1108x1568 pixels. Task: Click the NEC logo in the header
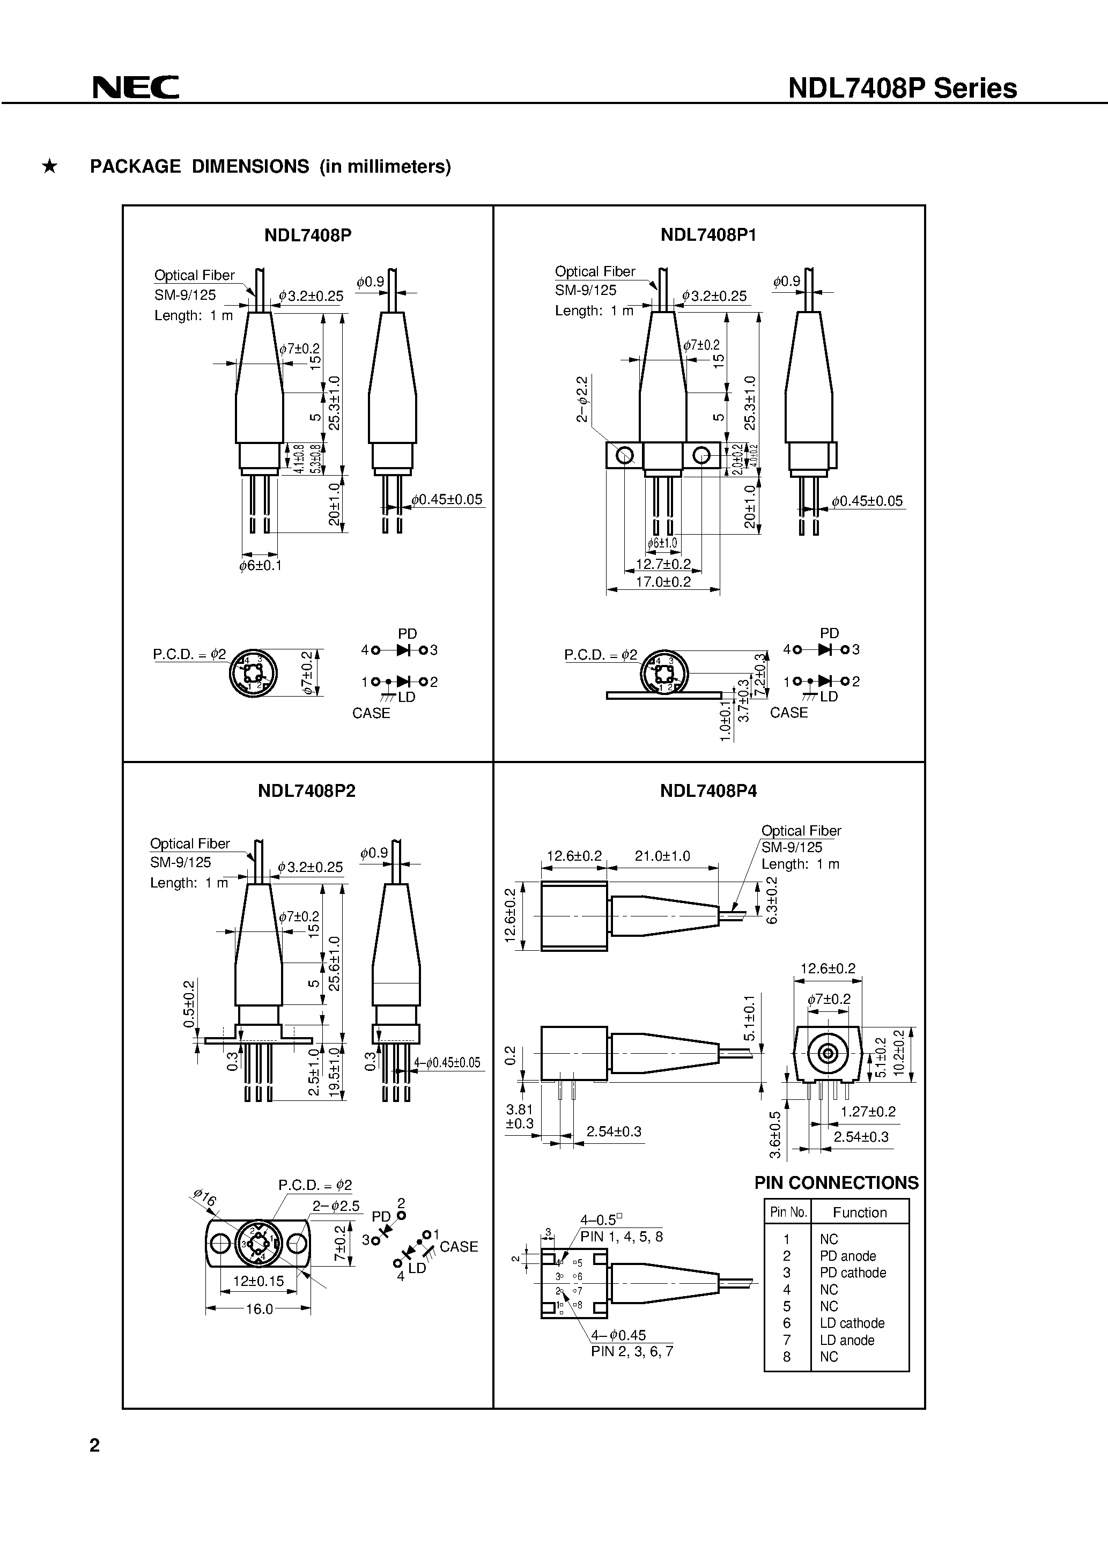coord(136,87)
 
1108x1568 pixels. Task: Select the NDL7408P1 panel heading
coord(708,235)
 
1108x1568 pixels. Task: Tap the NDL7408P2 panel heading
coord(307,791)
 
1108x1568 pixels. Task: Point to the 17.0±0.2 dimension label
coord(663,582)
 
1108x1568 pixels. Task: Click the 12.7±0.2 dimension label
coord(663,564)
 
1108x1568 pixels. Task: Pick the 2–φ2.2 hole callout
coord(582,399)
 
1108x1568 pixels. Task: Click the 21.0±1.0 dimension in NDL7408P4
coord(662,856)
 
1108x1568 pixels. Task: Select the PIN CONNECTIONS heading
coord(836,1183)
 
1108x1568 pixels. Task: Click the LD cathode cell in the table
coord(852,1323)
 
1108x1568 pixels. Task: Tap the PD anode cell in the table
coord(848,1256)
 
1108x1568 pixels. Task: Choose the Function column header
coord(859,1212)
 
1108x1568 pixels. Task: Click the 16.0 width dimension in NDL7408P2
coord(259,1308)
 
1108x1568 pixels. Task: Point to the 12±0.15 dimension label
coord(258,1281)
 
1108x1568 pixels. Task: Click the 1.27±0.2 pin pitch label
coord(868,1111)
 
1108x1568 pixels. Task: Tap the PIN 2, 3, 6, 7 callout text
coord(632,1351)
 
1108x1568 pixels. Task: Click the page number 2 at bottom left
coord(95,1445)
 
